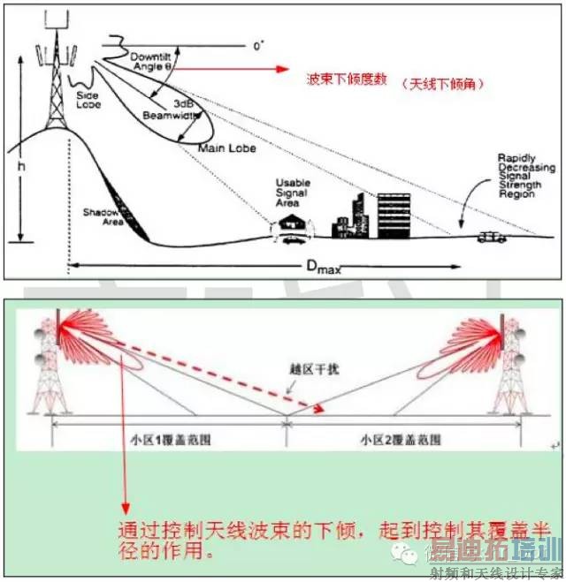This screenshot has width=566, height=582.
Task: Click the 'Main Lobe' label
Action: coord(227,147)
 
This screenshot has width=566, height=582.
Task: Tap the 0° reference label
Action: coord(259,44)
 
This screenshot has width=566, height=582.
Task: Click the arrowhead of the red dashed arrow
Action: coord(314,407)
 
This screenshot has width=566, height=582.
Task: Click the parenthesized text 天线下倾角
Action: coord(442,84)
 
